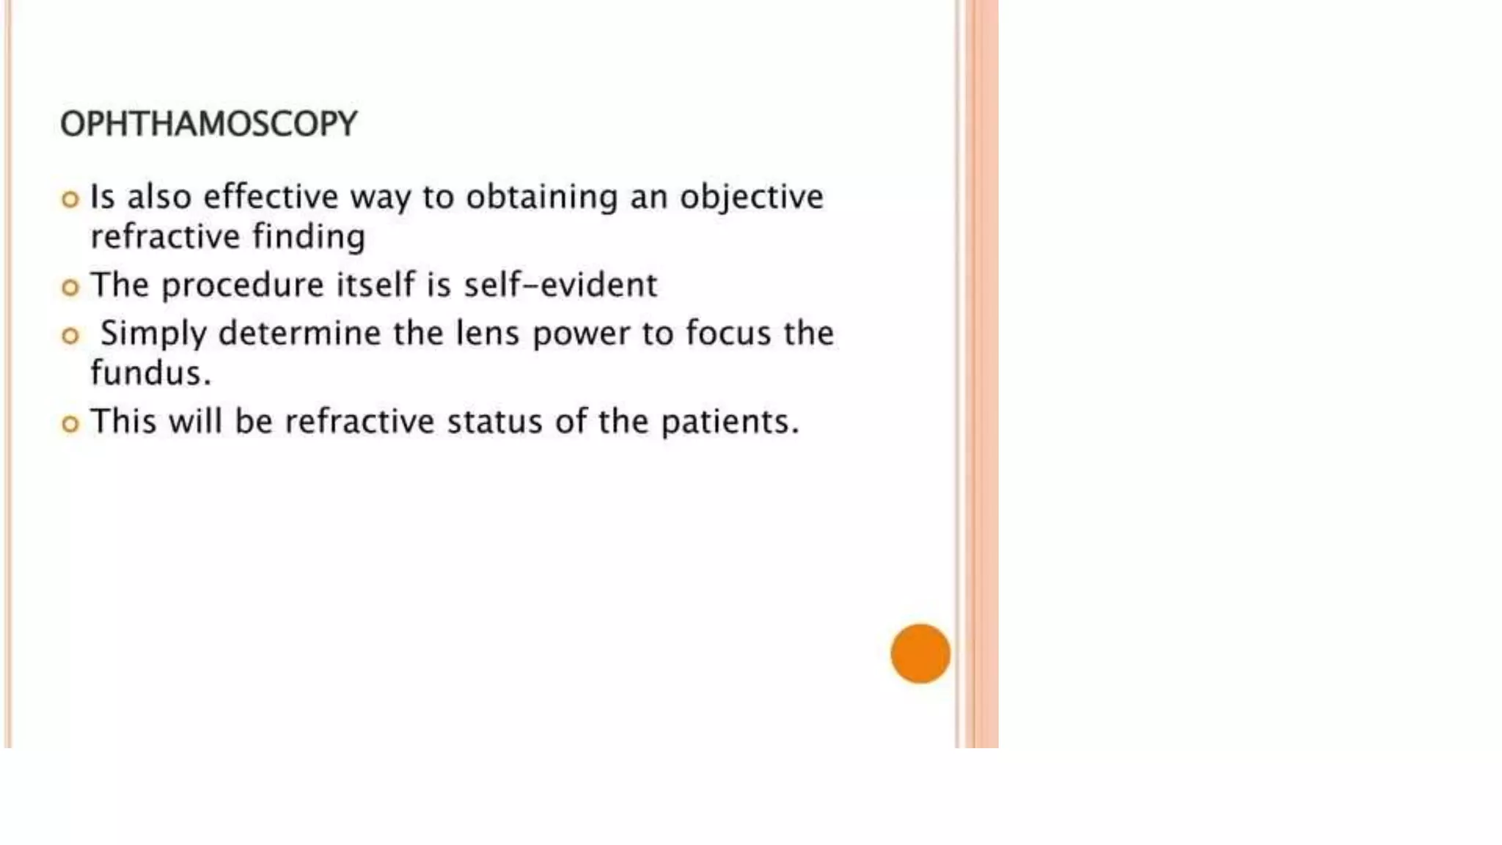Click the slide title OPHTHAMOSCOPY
[x=209, y=124]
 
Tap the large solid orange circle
[x=920, y=654]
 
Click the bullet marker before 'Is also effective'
[x=70, y=199]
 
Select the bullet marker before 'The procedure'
[x=70, y=287]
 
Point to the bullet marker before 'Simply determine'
[x=70, y=336]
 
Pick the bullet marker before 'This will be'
[x=70, y=424]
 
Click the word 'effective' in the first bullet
[x=271, y=197]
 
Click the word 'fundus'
[x=146, y=373]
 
